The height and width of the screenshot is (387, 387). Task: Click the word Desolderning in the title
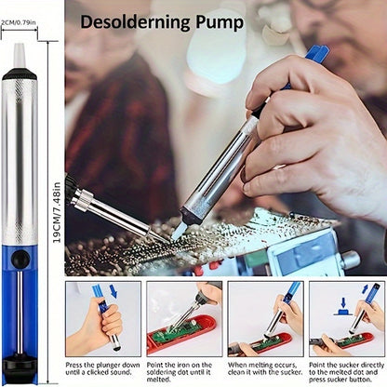(x=136, y=21)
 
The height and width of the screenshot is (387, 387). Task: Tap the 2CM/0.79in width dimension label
(x=19, y=22)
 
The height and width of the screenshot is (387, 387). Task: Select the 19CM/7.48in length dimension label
(x=57, y=212)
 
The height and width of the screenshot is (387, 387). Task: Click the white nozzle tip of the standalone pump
(x=19, y=55)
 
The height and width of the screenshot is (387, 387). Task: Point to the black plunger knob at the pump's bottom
(x=20, y=366)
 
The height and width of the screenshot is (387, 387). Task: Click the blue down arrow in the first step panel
(x=113, y=291)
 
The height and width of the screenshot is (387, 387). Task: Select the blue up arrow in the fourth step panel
(x=365, y=289)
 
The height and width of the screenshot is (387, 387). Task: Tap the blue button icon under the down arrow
(x=343, y=312)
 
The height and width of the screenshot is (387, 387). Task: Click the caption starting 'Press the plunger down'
(x=102, y=368)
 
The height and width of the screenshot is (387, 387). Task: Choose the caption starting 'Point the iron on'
(x=180, y=372)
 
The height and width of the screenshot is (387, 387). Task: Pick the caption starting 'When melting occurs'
(x=265, y=368)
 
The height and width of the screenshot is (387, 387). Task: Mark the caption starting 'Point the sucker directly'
(x=346, y=372)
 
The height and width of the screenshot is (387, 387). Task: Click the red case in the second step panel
(x=182, y=336)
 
